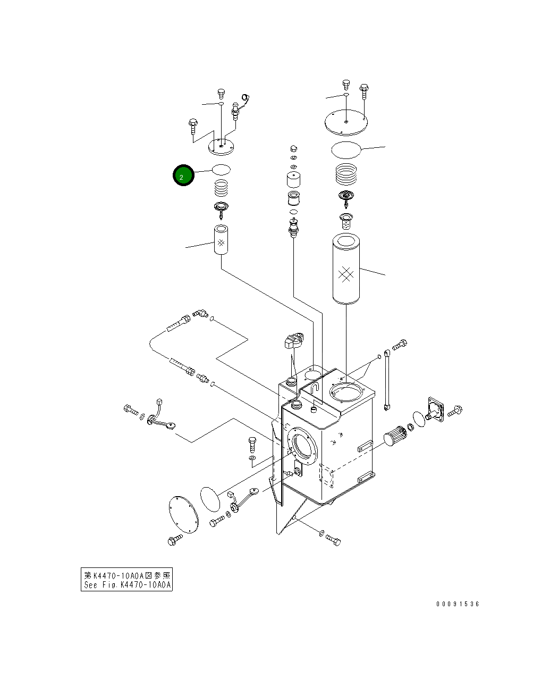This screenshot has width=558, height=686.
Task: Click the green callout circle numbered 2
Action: pos(183,175)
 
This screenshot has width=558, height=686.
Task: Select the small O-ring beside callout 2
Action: pos(222,170)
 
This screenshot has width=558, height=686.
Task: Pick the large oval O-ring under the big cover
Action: pos(346,150)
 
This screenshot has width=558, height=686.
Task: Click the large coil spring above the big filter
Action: pos(346,174)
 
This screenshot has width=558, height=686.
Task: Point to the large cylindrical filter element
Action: pos(346,270)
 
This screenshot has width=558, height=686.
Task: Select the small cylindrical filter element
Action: pos(221,240)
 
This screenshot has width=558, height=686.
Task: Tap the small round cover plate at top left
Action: pos(222,145)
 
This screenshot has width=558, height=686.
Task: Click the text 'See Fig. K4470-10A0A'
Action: pos(126,585)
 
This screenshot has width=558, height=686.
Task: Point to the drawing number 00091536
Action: pos(458,604)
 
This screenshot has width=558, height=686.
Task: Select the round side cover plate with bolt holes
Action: pos(183,513)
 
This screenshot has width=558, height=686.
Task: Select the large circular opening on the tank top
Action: pos(346,394)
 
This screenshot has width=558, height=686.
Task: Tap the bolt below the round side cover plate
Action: pos(175,540)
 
